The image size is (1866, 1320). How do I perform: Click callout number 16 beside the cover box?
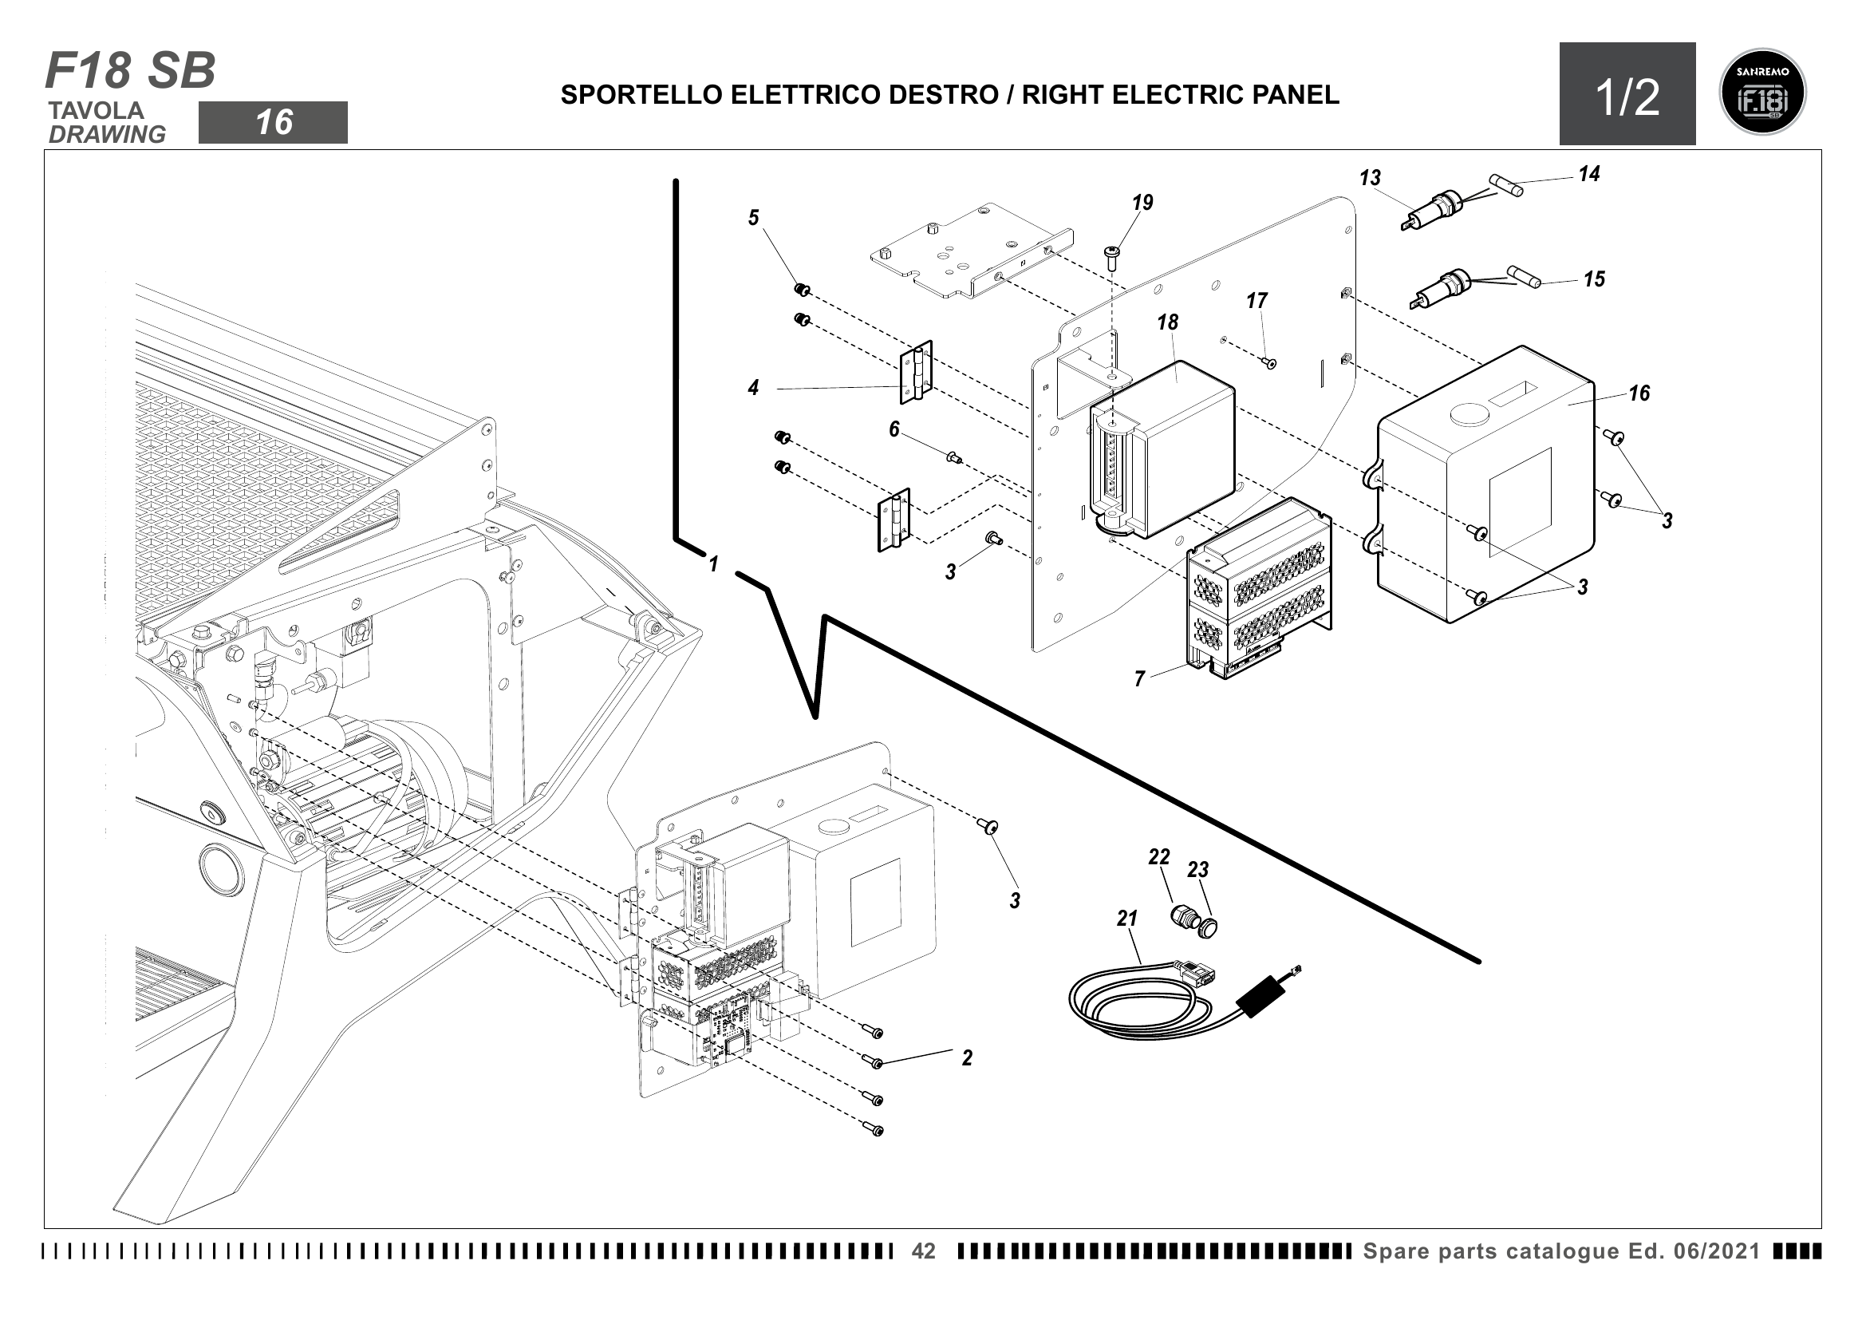tap(1639, 393)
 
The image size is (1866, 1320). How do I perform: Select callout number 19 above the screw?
tap(1142, 203)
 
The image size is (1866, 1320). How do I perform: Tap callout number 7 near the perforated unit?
tap(1139, 678)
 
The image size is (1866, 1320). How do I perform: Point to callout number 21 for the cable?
tap(1126, 919)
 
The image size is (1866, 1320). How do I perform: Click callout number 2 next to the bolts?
tap(966, 1057)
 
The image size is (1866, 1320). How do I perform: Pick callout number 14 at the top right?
tap(1589, 174)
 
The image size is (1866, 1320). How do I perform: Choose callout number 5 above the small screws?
tap(753, 218)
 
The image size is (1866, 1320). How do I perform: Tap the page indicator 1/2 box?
tap(1627, 95)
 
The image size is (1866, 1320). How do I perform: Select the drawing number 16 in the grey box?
tap(273, 123)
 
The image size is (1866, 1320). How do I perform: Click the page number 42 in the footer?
tap(923, 1251)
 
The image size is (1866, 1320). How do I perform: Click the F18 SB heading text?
tap(130, 71)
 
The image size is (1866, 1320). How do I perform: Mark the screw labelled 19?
tap(1112, 257)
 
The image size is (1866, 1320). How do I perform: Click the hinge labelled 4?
tap(916, 371)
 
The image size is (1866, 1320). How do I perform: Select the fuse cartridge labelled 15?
tap(1523, 275)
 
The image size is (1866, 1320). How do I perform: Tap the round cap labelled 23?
tap(1209, 927)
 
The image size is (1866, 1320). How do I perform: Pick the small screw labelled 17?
tap(1271, 363)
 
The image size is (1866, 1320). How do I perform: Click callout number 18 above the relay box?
tap(1168, 322)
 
